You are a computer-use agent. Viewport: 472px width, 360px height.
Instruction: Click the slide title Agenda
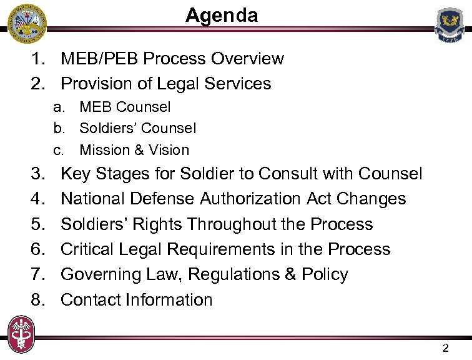[222, 15]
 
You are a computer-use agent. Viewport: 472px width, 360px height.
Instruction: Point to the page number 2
[445, 348]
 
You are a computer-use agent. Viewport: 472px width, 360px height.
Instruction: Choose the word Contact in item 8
[91, 300]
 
